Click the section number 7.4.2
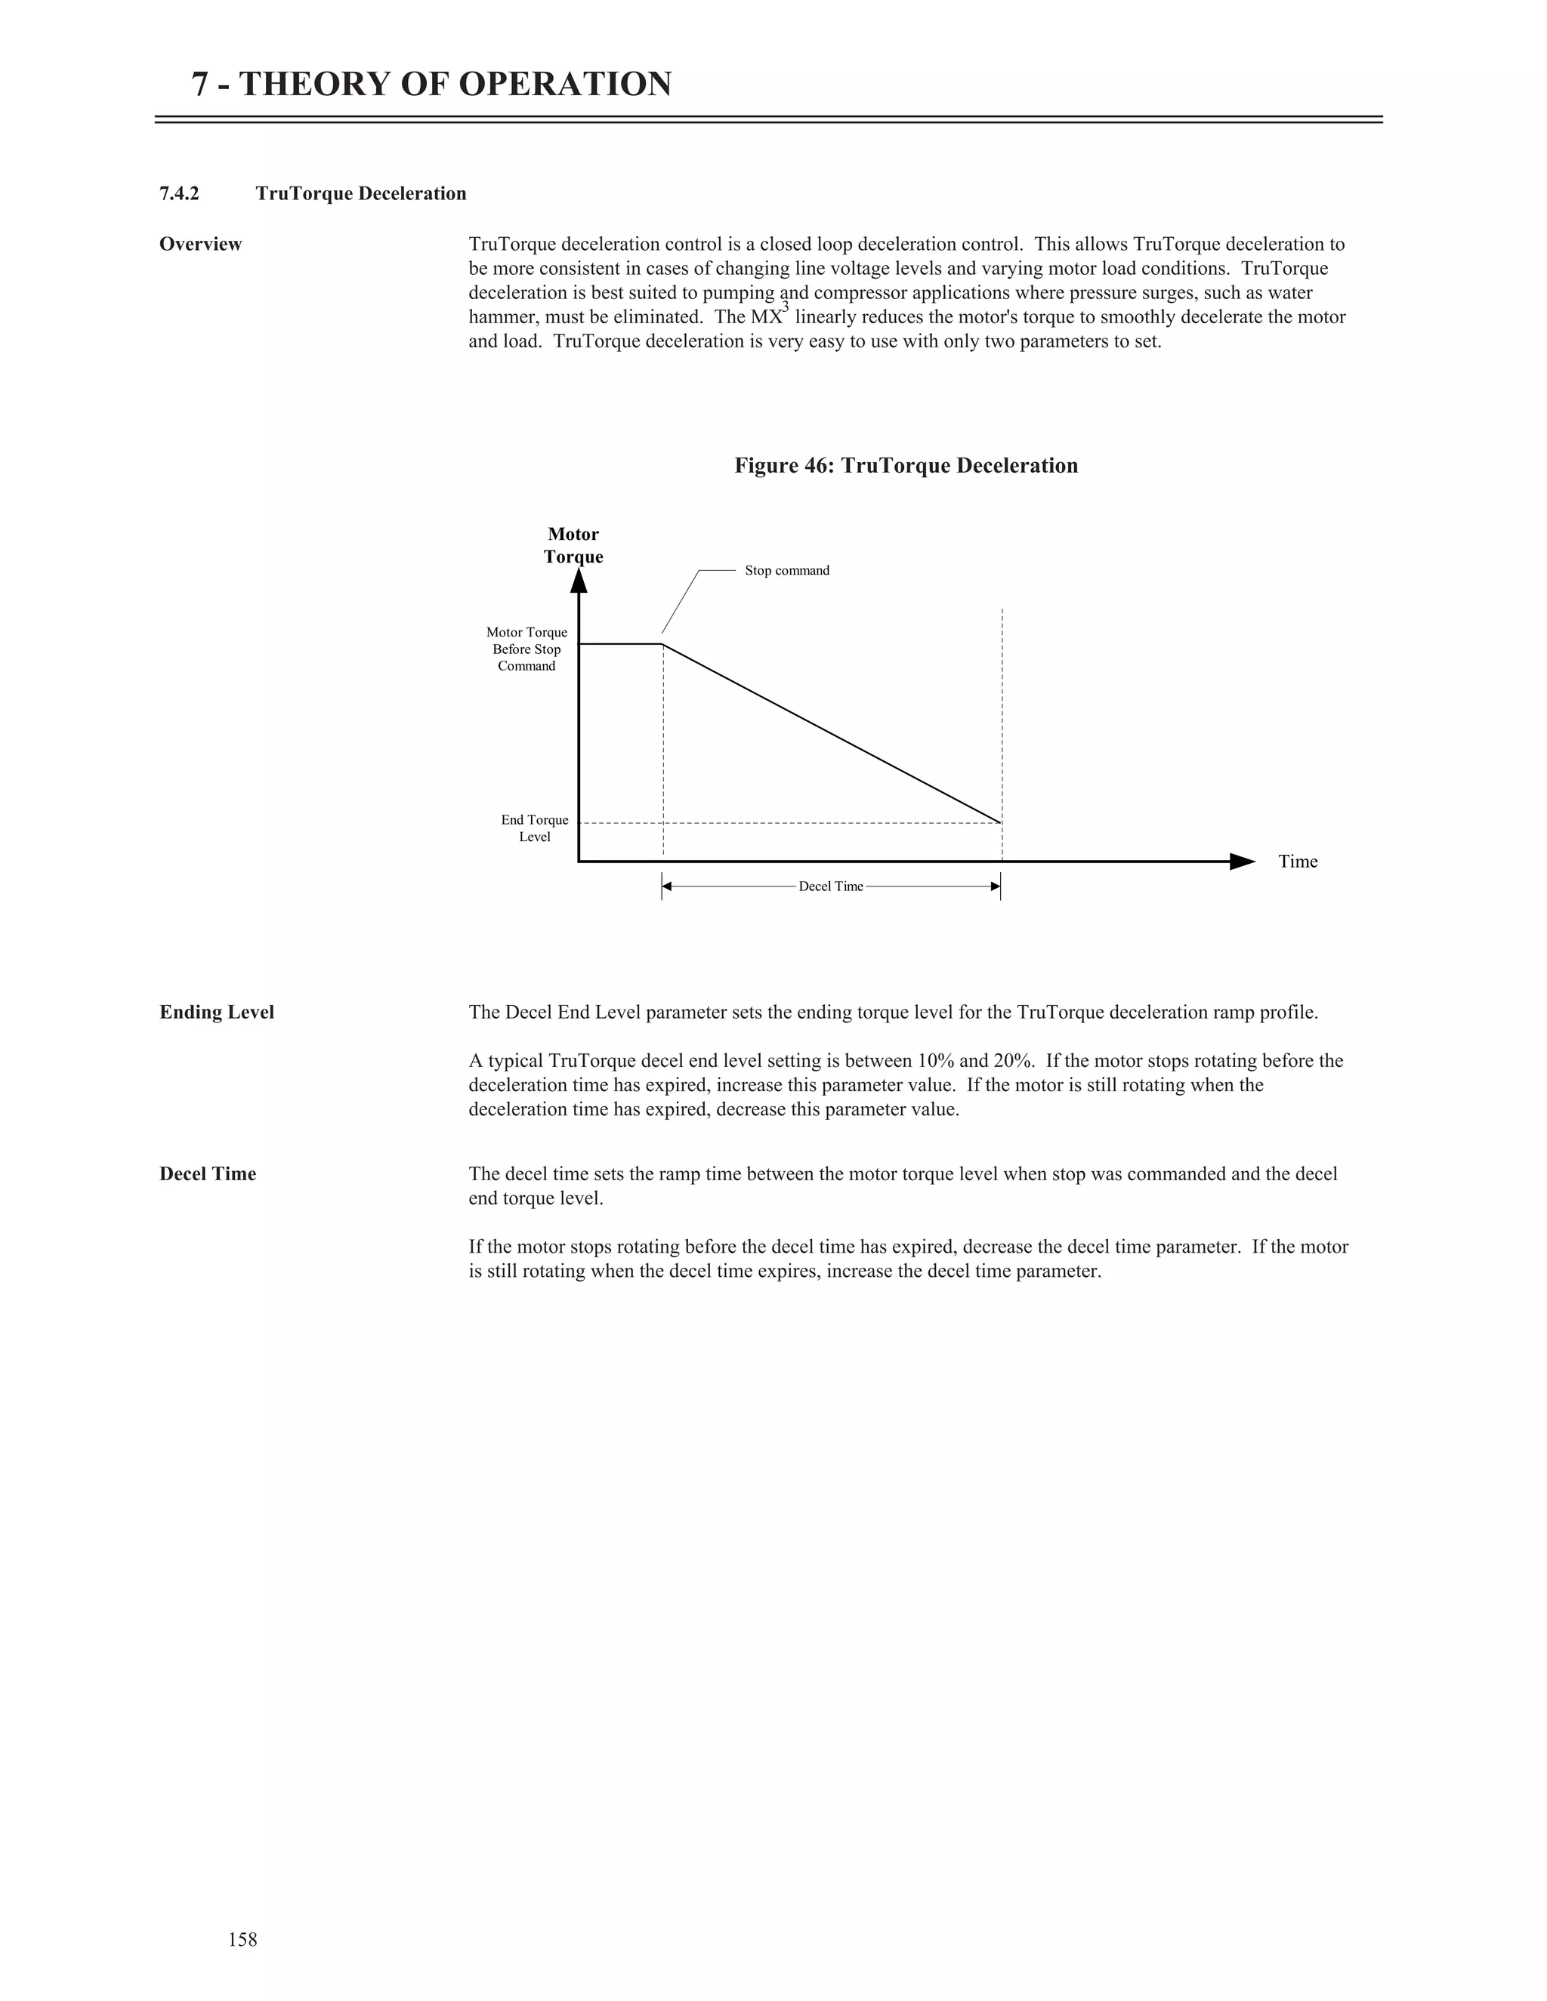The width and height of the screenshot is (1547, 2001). tap(179, 193)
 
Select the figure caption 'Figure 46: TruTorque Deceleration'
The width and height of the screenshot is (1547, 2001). tap(906, 465)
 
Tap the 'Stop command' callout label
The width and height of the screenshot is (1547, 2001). tap(786, 571)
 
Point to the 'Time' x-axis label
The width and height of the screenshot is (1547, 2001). tap(1298, 862)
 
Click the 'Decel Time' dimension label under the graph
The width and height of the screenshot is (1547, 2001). tap(830, 887)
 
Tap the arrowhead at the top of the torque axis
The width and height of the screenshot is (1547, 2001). tap(579, 581)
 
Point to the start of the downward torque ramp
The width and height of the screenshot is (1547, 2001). tap(663, 645)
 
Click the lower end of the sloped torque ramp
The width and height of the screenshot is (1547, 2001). tap(1000, 822)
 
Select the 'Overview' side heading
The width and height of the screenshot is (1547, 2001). tap(201, 245)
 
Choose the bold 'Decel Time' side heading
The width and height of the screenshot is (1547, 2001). tap(207, 1175)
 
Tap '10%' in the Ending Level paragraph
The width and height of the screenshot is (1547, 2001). tap(935, 1061)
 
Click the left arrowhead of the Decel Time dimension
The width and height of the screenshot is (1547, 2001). tap(667, 887)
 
